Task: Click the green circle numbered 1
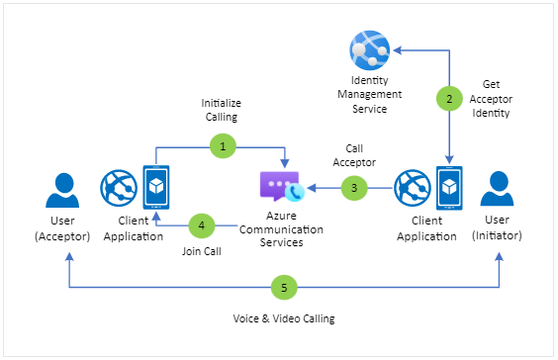click(223, 146)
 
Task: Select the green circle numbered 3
click(355, 186)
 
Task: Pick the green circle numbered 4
click(202, 225)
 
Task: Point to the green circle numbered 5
click(284, 288)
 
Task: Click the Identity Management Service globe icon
click(369, 49)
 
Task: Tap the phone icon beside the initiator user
click(450, 188)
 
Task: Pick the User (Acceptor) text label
click(62, 230)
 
